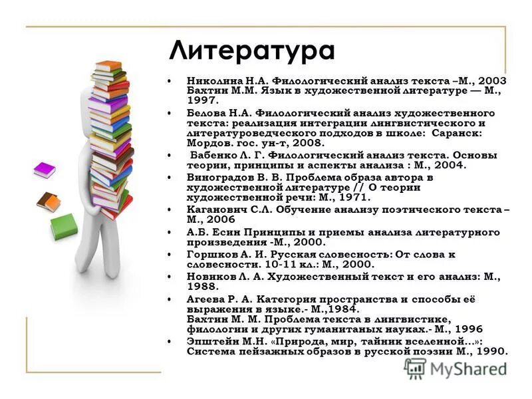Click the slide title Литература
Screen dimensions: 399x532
252,51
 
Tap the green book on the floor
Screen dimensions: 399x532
64,227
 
